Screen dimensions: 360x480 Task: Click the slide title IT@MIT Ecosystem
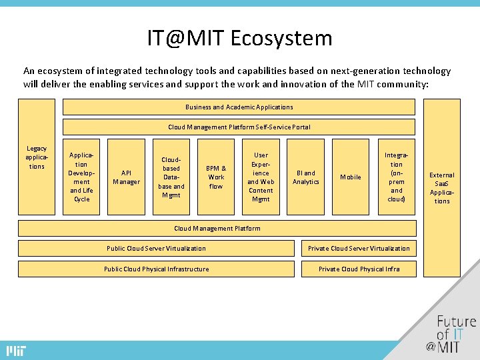tap(239, 38)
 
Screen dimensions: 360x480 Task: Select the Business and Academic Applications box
tap(239, 107)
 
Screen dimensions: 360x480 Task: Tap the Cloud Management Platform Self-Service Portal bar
tap(239, 127)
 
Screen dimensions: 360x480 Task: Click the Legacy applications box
tap(37, 157)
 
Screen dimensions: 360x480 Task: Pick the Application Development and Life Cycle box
tap(81, 177)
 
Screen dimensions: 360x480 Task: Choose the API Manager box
tap(126, 177)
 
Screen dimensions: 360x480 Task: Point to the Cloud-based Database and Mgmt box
tap(171, 177)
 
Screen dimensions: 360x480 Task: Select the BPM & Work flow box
tap(216, 177)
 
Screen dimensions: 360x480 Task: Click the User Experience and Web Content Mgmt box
tap(261, 177)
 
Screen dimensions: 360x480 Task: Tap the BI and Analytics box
tap(306, 177)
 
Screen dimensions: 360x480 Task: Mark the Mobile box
tap(351, 177)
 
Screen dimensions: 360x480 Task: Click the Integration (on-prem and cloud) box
tap(396, 177)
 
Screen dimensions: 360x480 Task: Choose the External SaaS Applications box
tap(442, 187)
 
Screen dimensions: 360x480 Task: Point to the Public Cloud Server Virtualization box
tap(156, 249)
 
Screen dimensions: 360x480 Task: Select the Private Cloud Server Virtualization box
tap(359, 249)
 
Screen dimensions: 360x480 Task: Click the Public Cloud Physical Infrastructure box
tap(156, 269)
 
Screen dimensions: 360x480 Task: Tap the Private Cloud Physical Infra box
tap(359, 269)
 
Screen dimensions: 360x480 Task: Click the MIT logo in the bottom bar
tap(15, 351)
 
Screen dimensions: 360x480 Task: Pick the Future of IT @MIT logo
tap(453, 333)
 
